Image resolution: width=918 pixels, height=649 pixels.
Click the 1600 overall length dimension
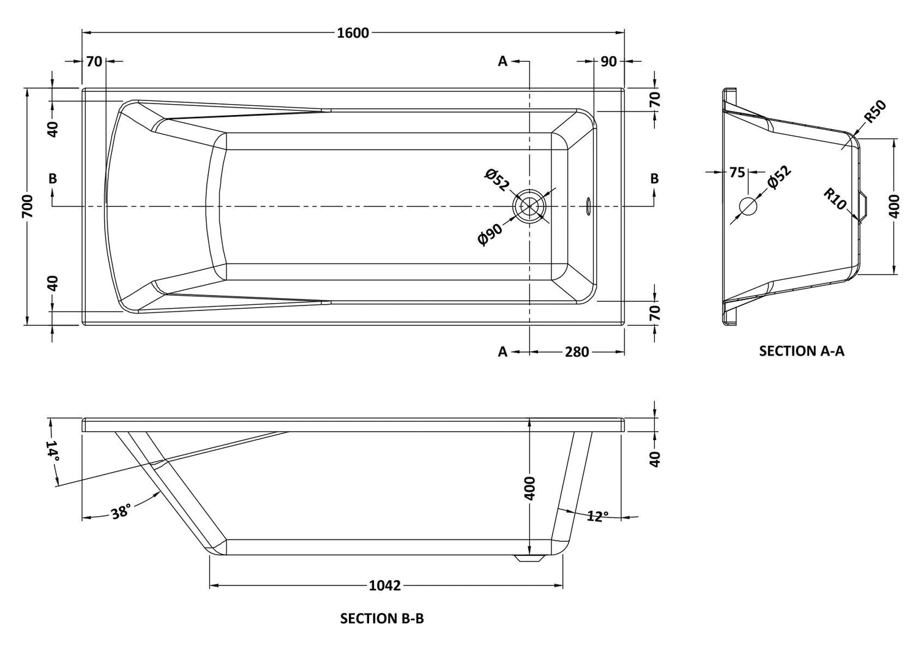[353, 32]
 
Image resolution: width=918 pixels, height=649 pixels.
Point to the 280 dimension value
[577, 352]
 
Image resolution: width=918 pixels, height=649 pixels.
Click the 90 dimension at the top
[608, 61]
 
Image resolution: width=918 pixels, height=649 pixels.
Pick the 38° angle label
[121, 511]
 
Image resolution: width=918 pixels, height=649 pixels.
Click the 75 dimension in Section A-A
[737, 173]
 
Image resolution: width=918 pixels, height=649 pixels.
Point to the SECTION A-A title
[801, 351]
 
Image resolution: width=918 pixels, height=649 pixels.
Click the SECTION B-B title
[382, 618]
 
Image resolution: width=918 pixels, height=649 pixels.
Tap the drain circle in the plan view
[529, 206]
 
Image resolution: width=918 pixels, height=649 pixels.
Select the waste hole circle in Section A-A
[748, 206]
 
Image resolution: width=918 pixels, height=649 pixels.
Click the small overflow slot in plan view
[588, 206]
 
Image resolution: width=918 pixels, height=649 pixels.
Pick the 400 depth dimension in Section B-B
[530, 488]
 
